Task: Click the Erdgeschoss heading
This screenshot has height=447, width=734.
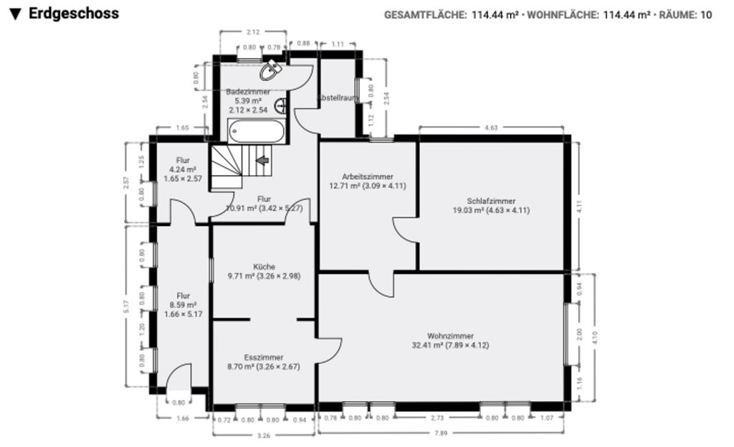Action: (73, 14)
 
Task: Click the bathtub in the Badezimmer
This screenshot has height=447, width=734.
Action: (257, 132)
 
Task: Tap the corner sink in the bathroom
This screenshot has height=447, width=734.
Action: (272, 70)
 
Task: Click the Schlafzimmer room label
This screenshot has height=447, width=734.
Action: (491, 202)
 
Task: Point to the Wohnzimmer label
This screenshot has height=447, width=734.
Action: (450, 336)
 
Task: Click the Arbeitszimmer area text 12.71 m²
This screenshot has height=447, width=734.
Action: (346, 185)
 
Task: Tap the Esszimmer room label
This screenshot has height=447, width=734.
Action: (263, 357)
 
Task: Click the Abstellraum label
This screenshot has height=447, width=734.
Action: (337, 97)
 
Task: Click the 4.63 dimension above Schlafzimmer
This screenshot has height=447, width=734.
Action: (491, 128)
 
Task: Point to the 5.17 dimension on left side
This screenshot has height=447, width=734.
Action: (126, 307)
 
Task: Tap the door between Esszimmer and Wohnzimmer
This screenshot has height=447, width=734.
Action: (327, 350)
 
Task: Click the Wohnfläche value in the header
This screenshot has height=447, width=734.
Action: (627, 14)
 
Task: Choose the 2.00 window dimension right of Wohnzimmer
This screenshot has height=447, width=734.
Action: (580, 335)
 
